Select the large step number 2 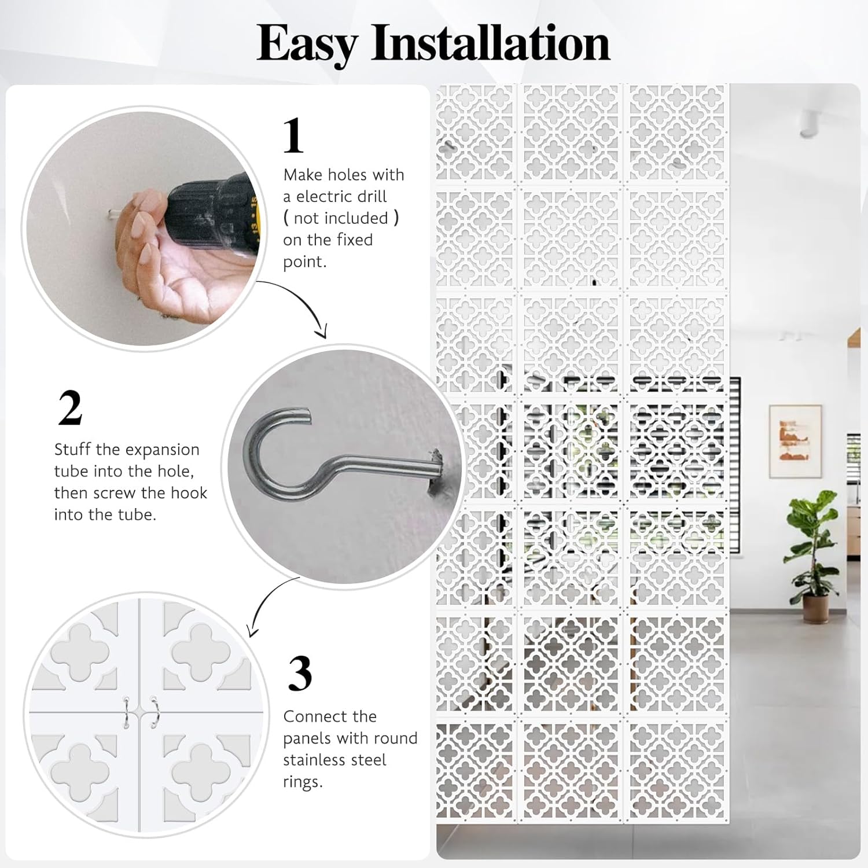click(x=70, y=407)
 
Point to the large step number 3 click(x=300, y=674)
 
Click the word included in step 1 click(x=341, y=218)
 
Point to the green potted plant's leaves click(x=810, y=538)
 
